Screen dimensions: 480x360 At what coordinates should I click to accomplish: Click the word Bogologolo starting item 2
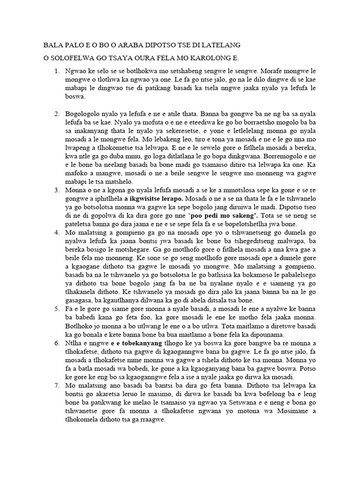(83, 114)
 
